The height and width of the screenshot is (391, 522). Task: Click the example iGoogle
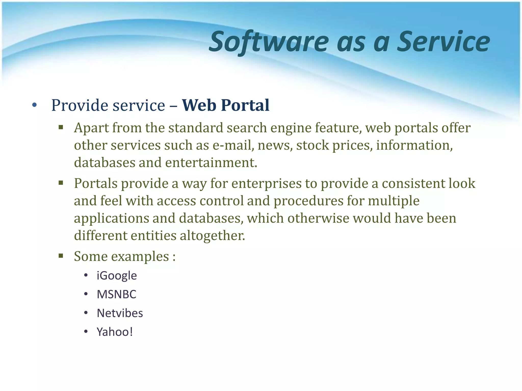click(117, 275)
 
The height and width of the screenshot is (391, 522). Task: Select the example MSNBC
click(116, 294)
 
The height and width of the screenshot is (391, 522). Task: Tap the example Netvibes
click(120, 313)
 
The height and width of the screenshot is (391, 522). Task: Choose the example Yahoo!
click(115, 332)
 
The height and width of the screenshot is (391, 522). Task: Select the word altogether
click(212, 235)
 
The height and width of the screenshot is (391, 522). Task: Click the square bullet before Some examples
click(61, 256)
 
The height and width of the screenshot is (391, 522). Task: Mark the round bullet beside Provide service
click(35, 105)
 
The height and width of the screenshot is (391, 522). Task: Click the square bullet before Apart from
click(61, 127)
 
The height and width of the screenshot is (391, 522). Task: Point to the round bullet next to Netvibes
click(86, 313)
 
